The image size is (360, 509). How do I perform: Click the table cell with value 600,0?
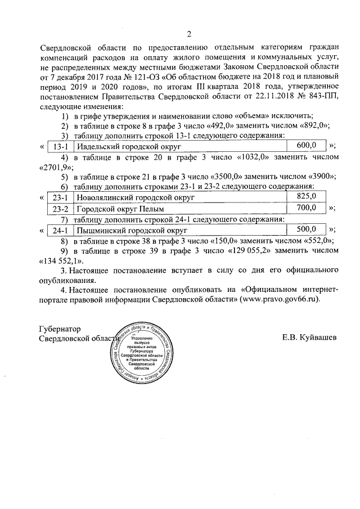(x=307, y=146)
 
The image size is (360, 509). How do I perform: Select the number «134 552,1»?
(x=61, y=261)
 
